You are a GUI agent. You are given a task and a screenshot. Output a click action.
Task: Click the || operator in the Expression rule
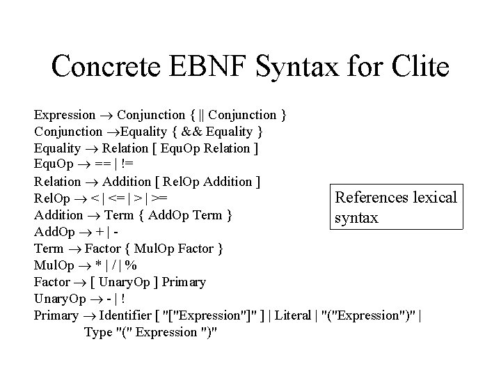coord(201,114)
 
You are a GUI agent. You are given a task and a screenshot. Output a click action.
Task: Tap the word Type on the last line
coord(97,332)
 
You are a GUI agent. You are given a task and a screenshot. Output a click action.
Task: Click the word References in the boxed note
coord(371,198)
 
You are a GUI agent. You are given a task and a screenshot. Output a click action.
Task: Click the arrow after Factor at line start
coord(77,282)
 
